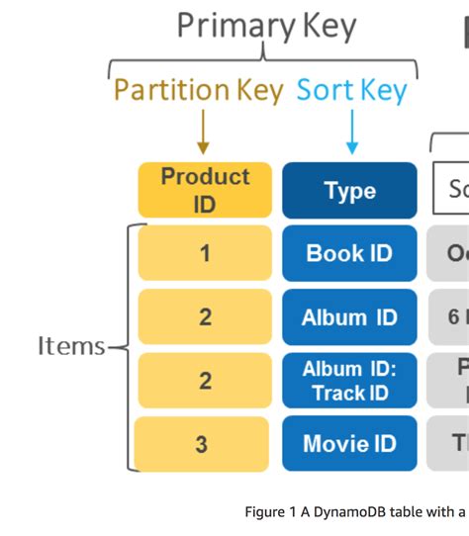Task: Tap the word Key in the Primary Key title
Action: [x=324, y=27]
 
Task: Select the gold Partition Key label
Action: [x=199, y=90]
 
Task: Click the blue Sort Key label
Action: [x=351, y=90]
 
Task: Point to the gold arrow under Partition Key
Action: [x=203, y=133]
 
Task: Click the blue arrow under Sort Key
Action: [x=351, y=133]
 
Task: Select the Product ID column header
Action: [x=205, y=189]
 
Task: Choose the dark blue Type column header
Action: [x=349, y=190]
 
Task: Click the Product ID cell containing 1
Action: [x=205, y=253]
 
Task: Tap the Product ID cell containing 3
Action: [x=202, y=444]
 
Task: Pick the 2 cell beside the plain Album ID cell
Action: [x=205, y=316]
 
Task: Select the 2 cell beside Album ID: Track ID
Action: [x=205, y=381]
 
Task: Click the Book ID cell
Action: [x=349, y=253]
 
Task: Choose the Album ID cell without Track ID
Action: [x=349, y=316]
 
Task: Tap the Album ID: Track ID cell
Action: [x=349, y=381]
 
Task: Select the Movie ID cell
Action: [x=349, y=444]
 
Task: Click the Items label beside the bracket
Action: [x=71, y=346]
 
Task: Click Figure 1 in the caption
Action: [x=272, y=512]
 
